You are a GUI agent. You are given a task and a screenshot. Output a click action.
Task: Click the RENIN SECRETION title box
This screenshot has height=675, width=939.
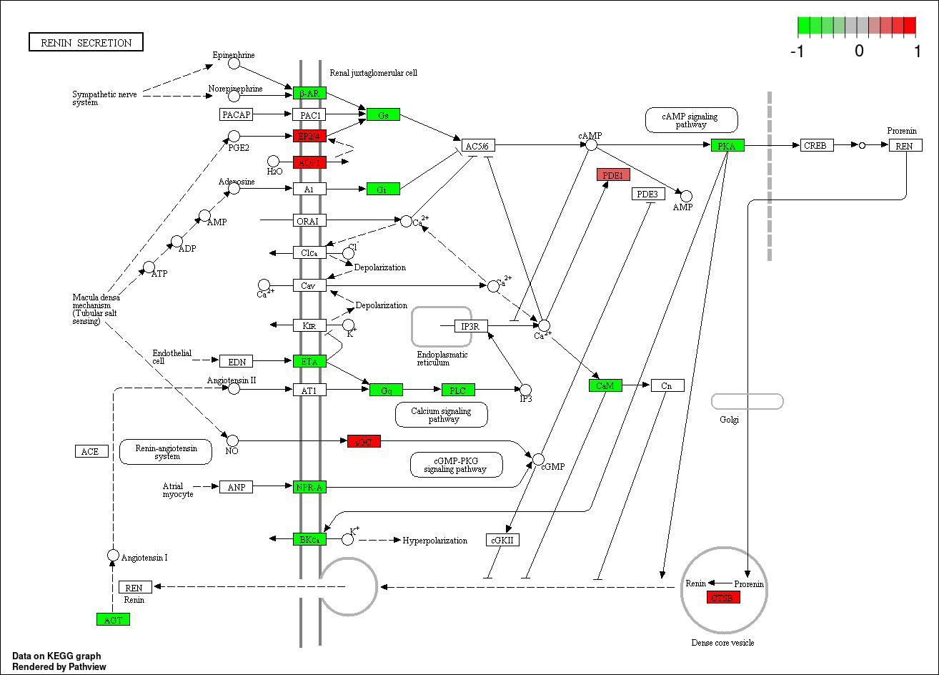(86, 42)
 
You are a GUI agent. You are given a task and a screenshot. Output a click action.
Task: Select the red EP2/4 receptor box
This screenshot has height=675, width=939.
(309, 136)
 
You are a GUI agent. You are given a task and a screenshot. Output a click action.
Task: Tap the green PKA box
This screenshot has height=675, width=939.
(728, 146)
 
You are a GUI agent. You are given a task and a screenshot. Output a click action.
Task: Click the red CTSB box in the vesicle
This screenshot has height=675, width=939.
(723, 597)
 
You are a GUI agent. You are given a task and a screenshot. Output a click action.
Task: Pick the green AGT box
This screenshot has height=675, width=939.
(113, 619)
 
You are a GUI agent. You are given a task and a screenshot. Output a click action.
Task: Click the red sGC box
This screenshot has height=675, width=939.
(364, 442)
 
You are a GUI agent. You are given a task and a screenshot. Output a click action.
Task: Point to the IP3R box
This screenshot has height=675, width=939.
(471, 327)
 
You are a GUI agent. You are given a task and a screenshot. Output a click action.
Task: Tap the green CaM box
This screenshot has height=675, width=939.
(605, 386)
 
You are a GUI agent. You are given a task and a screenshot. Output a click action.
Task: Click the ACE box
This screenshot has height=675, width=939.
(91, 451)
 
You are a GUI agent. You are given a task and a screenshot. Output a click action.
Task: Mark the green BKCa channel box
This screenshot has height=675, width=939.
(309, 539)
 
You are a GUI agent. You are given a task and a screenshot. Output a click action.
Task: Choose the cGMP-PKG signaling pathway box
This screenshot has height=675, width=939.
(456, 465)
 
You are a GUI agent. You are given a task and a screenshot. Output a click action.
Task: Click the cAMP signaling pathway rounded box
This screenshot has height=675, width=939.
(691, 120)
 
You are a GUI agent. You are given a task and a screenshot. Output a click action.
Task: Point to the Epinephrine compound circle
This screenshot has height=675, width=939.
(234, 64)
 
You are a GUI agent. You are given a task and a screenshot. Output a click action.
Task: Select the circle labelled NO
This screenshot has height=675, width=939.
(232, 440)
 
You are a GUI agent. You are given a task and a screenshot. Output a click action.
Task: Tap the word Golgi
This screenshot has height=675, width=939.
(729, 420)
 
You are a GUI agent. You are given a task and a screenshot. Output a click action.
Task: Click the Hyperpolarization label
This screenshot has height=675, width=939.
(435, 541)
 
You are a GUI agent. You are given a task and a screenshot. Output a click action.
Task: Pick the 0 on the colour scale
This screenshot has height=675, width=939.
(859, 51)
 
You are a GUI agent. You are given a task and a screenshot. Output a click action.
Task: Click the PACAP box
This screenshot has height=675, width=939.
(237, 114)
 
